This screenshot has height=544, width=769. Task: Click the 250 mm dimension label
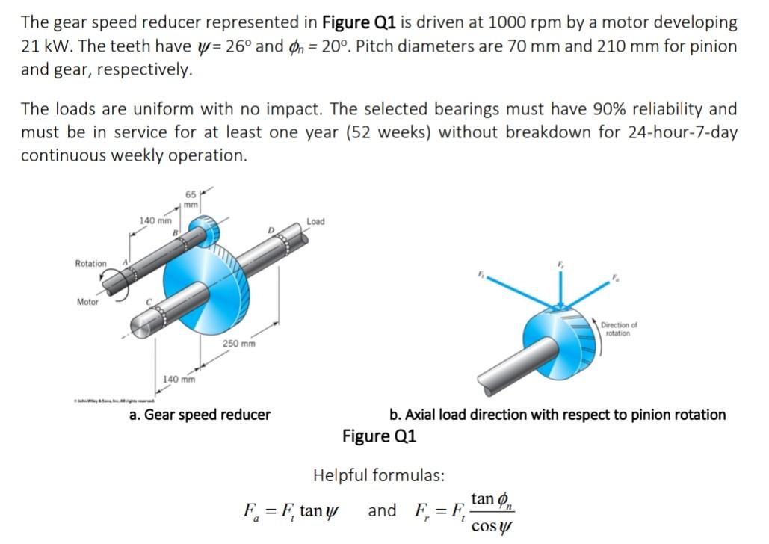click(x=239, y=344)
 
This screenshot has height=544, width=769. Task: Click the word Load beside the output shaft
click(x=315, y=222)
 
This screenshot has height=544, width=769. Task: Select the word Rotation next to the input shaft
click(x=91, y=263)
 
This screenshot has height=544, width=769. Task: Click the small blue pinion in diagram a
click(x=202, y=229)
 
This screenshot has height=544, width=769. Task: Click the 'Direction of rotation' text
click(x=619, y=329)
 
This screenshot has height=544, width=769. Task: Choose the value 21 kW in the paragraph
click(x=40, y=46)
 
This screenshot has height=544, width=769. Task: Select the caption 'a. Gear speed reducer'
click(x=200, y=414)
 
